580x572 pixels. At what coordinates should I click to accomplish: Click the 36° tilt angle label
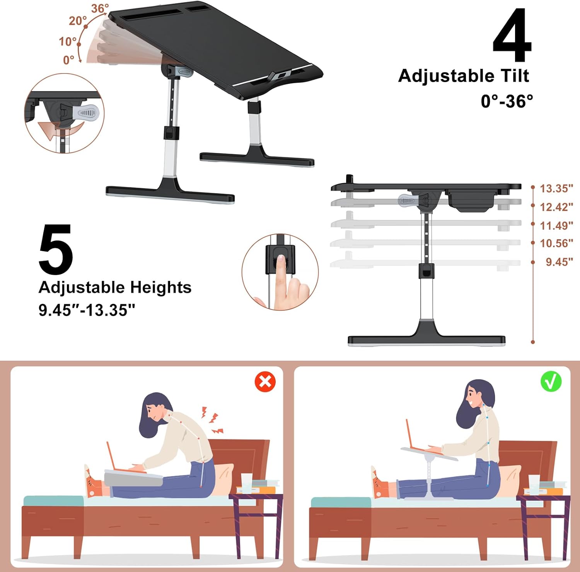coord(100,9)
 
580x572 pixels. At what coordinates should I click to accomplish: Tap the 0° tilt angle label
coord(68,60)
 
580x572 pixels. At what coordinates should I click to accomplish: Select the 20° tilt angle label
coord(77,21)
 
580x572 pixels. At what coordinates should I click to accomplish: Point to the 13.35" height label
coord(556,188)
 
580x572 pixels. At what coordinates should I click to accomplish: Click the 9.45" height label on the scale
coord(559,262)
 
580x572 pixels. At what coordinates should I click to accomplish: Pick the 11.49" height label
coord(556,225)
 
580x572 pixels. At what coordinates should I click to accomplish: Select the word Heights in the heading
coord(160,288)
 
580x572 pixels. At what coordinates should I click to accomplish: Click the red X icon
coord(265,382)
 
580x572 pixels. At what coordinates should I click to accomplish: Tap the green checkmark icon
coord(551,381)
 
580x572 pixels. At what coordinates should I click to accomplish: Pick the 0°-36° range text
coord(507,101)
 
